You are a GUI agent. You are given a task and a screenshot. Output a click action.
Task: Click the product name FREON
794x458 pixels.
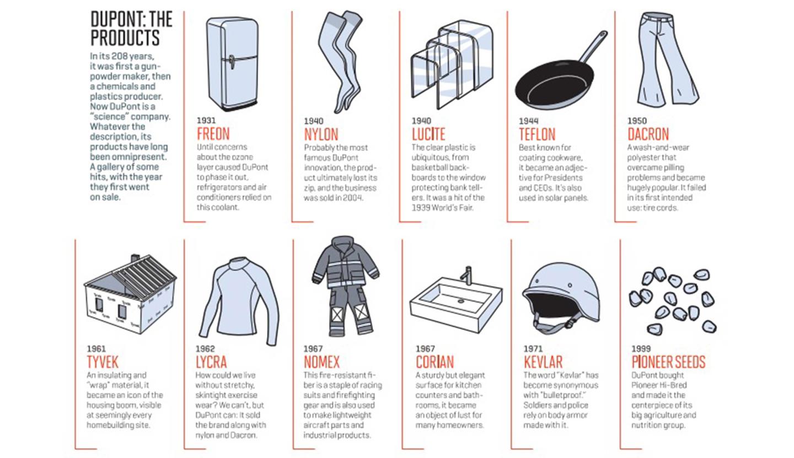point(213,134)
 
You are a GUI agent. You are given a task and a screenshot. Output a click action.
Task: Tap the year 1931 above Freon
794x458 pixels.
point(206,121)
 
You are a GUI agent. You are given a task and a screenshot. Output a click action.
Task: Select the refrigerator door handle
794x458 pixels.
point(232,63)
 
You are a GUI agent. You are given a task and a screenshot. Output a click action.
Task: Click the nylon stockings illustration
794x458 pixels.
point(340,62)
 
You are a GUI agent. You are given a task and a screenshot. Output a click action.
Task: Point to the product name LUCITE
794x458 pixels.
point(428,134)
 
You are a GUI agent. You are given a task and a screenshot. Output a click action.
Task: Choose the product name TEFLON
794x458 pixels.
point(537,134)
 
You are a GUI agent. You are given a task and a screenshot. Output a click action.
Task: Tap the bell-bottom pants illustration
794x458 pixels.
point(667,58)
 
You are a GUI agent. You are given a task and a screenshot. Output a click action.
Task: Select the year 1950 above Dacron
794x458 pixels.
point(637,121)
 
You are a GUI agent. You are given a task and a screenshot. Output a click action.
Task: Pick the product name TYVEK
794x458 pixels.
point(103,362)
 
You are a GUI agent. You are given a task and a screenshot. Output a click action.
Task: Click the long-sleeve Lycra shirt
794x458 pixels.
point(239,301)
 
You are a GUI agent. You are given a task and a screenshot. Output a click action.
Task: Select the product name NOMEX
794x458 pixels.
point(321,362)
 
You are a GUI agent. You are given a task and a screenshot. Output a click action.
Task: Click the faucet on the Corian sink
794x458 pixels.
point(467,275)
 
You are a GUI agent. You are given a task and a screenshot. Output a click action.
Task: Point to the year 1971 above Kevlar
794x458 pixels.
point(533,349)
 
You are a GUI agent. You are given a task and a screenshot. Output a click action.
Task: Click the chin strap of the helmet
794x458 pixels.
point(553,323)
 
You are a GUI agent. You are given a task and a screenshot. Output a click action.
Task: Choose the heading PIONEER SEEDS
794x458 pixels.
point(668,362)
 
